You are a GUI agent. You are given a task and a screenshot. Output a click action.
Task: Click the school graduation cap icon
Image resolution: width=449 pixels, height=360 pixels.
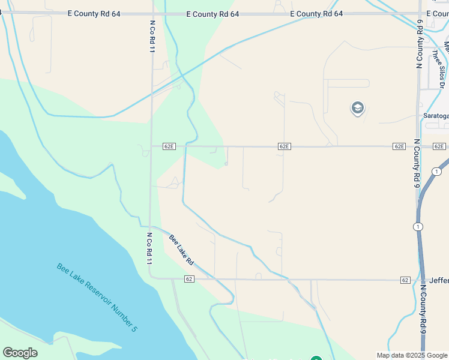point(358,108)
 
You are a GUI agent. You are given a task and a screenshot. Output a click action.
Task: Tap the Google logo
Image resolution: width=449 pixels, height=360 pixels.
point(20,353)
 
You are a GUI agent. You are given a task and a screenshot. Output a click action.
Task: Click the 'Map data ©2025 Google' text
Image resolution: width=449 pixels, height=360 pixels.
point(412,355)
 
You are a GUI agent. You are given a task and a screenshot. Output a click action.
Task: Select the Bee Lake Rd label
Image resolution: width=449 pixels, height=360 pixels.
point(181,250)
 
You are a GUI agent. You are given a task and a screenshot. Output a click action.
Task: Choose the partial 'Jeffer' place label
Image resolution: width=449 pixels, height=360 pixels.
point(439,280)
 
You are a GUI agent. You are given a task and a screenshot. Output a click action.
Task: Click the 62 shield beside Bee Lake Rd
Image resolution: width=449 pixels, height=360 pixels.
point(189,279)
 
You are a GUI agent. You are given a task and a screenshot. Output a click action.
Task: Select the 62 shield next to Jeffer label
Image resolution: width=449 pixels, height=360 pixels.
point(405,280)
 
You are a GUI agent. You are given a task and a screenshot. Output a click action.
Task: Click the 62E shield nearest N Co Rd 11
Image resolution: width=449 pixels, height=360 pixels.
point(169,146)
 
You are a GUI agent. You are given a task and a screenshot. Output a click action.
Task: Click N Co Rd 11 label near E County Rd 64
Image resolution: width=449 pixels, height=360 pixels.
point(151,36)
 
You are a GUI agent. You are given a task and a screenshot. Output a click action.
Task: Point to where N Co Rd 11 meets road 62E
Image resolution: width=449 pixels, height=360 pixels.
point(151,146)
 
